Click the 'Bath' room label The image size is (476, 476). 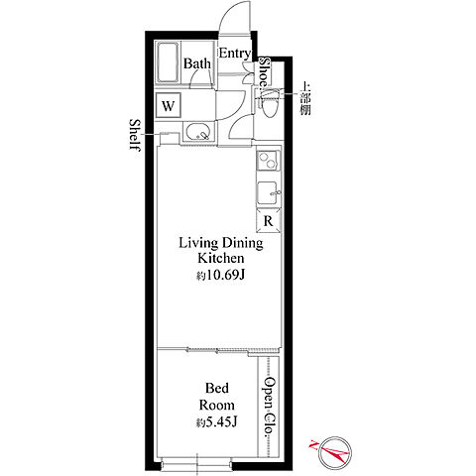[197, 63]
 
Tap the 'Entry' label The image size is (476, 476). [235, 54]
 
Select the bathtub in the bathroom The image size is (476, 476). [168, 62]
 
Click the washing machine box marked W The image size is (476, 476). [169, 105]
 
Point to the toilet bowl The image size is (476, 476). [270, 102]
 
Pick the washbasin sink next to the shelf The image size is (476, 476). [198, 132]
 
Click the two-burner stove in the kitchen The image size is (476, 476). [269, 161]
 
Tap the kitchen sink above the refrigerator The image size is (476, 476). [269, 192]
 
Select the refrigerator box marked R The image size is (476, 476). [269, 220]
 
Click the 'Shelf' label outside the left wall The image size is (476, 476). [135, 135]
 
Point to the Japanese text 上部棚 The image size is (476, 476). [304, 98]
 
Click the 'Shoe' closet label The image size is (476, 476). [265, 71]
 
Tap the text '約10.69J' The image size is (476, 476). [220, 275]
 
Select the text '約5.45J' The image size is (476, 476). [216, 422]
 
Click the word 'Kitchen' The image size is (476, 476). [221, 258]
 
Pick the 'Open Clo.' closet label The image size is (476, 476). [270, 408]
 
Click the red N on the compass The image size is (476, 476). [313, 445]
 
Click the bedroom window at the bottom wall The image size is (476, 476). [196, 465]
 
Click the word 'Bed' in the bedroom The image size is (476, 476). [217, 388]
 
